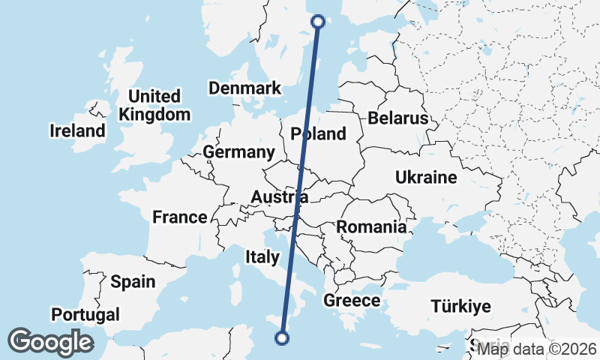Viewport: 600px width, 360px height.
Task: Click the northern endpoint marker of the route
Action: click(x=318, y=22)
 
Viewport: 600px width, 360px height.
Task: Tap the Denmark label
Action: click(x=244, y=88)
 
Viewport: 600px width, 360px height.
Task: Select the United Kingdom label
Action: click(x=154, y=106)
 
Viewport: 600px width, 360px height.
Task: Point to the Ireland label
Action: click(x=78, y=131)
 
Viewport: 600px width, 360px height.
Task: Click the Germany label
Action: click(x=239, y=152)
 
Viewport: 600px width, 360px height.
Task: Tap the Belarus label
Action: click(x=397, y=118)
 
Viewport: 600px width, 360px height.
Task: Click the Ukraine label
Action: click(x=425, y=178)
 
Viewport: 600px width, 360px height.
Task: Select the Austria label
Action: click(x=279, y=198)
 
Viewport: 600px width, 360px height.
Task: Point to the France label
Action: click(x=179, y=217)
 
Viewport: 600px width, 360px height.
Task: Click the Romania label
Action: click(x=372, y=226)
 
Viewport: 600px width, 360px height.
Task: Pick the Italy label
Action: click(x=262, y=257)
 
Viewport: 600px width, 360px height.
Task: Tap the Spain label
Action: click(x=133, y=282)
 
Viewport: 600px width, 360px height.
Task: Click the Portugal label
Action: click(x=85, y=314)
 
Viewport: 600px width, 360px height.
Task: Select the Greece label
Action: click(x=352, y=301)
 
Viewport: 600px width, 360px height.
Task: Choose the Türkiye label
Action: click(x=460, y=306)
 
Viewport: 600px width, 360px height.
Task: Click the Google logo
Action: click(x=50, y=342)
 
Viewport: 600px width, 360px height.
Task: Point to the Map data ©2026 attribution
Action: click(x=537, y=348)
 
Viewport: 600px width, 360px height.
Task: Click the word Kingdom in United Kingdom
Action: click(x=154, y=115)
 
